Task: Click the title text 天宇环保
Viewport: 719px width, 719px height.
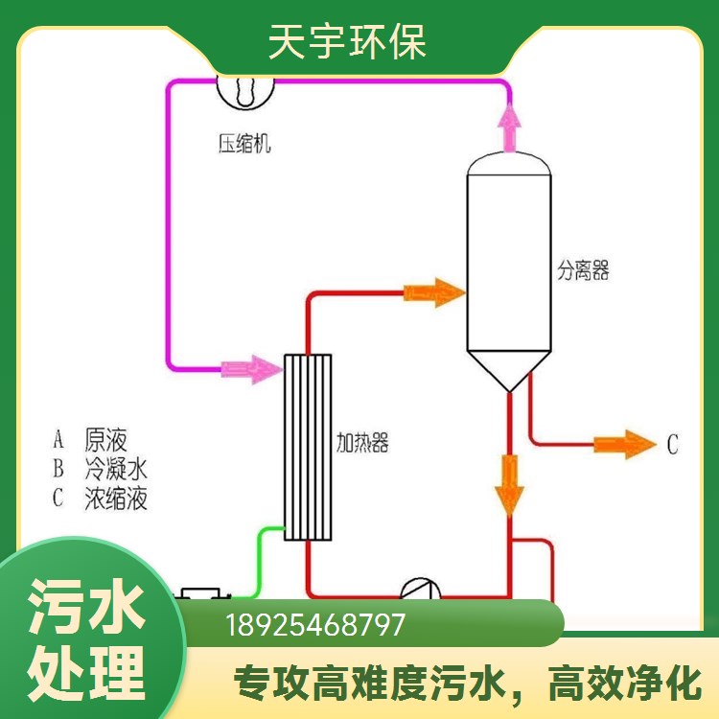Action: coord(347,42)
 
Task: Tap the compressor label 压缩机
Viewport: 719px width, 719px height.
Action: coord(244,144)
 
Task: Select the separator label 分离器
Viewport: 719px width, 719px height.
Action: coord(583,270)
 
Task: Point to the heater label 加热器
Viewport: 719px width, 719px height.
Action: coord(362,443)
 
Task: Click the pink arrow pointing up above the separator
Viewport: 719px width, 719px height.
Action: coord(509,128)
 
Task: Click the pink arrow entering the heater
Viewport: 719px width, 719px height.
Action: coord(252,369)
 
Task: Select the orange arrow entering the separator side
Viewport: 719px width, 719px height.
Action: coord(434,292)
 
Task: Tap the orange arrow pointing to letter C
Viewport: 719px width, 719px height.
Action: coord(625,444)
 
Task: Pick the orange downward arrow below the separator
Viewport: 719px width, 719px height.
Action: coord(509,485)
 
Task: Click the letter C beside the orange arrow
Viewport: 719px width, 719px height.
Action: coord(672,444)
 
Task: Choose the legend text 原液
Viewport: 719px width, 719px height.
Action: coord(105,440)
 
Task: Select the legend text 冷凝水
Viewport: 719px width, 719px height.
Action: coord(116,469)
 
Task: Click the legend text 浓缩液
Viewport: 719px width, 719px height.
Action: coord(116,498)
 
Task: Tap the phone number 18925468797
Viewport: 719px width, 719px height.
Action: coord(315,624)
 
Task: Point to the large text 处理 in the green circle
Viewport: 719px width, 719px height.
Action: coord(86,674)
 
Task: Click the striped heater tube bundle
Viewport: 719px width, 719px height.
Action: coord(308,447)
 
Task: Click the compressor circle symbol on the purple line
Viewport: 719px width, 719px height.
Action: coord(245,92)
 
